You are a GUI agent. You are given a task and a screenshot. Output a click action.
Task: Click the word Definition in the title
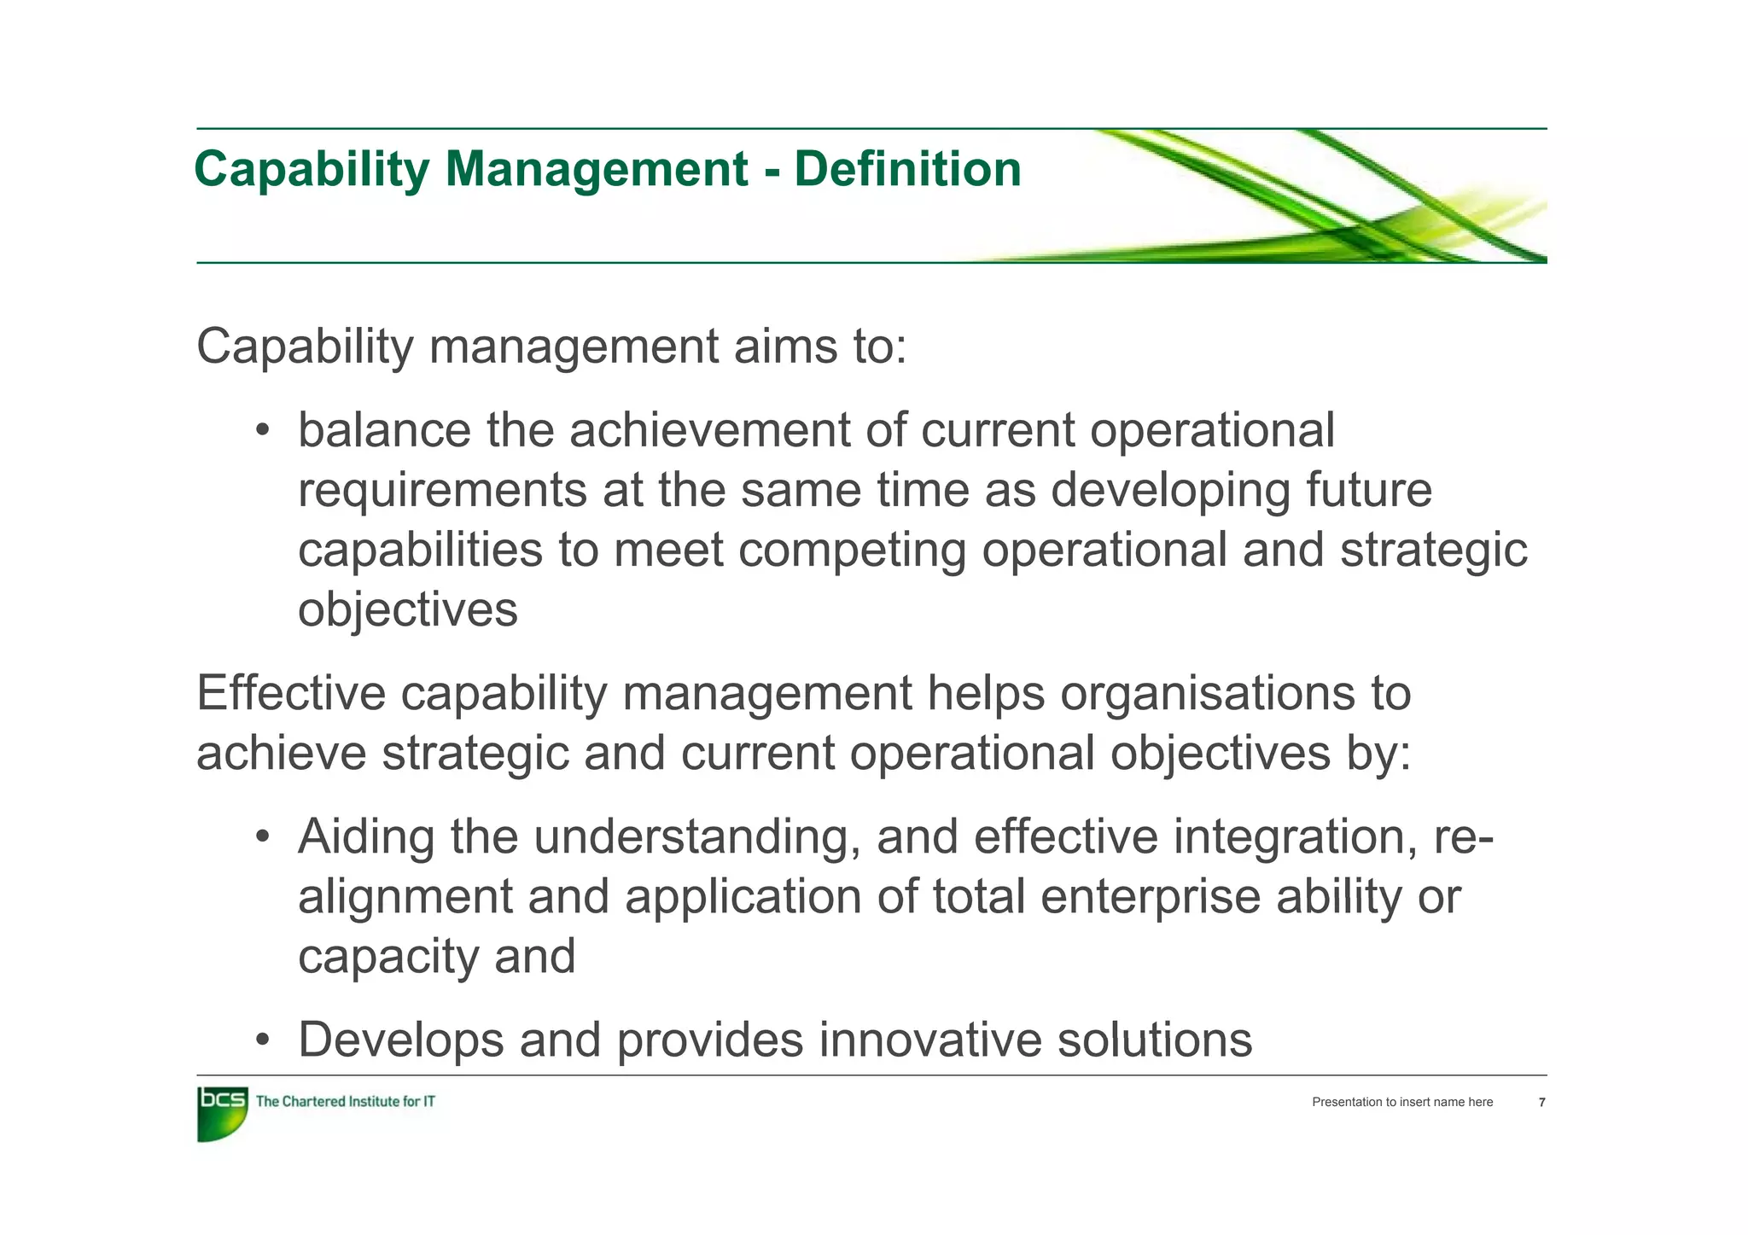click(907, 169)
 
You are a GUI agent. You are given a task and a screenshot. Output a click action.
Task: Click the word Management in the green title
click(596, 169)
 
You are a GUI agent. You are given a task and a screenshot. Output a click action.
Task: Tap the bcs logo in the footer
click(222, 1113)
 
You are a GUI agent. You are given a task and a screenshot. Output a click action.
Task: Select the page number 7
click(1541, 1103)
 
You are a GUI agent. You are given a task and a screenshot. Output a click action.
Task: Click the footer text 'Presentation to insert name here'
click(1402, 1103)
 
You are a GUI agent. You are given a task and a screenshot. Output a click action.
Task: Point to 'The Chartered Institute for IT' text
click(346, 1102)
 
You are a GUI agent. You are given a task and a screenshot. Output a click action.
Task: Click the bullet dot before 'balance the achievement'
click(263, 430)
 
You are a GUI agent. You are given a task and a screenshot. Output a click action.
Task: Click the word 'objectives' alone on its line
click(407, 611)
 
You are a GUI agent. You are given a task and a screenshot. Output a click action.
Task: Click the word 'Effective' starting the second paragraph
click(290, 693)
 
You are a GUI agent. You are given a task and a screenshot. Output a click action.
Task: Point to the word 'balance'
click(384, 430)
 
